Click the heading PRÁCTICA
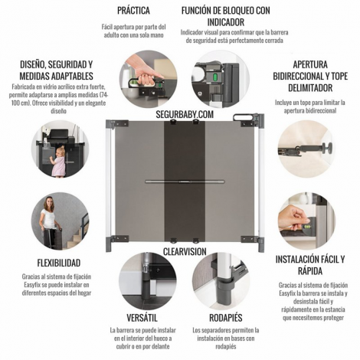[133, 11]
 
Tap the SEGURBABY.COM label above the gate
[185, 114]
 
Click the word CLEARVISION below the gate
[185, 251]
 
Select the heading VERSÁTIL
[142, 318]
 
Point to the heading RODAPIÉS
[226, 318]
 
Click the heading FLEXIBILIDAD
[59, 263]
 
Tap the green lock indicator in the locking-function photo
[214, 77]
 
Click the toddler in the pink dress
[58, 162]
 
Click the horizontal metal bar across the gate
[185, 182]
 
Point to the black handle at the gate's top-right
[243, 116]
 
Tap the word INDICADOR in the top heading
[226, 22]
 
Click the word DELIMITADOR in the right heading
[310, 88]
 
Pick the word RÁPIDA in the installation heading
[310, 271]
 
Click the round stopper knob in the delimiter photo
[327, 148]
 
